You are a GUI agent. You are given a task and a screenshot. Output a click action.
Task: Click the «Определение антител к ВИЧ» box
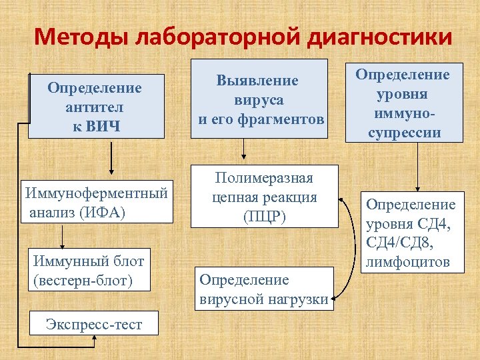click(95, 107)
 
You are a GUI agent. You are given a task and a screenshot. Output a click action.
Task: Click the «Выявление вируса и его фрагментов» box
click(259, 99)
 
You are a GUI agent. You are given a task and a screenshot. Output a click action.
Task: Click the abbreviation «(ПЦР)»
click(265, 217)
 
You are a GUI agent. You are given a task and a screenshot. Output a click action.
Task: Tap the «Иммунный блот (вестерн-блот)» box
click(88, 269)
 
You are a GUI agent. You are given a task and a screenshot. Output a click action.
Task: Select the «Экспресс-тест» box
click(94, 324)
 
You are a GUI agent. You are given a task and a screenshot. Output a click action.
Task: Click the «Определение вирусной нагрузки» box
click(264, 289)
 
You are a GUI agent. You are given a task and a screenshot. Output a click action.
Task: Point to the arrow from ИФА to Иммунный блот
click(63, 235)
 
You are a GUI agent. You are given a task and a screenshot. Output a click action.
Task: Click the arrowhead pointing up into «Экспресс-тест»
click(95, 339)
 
